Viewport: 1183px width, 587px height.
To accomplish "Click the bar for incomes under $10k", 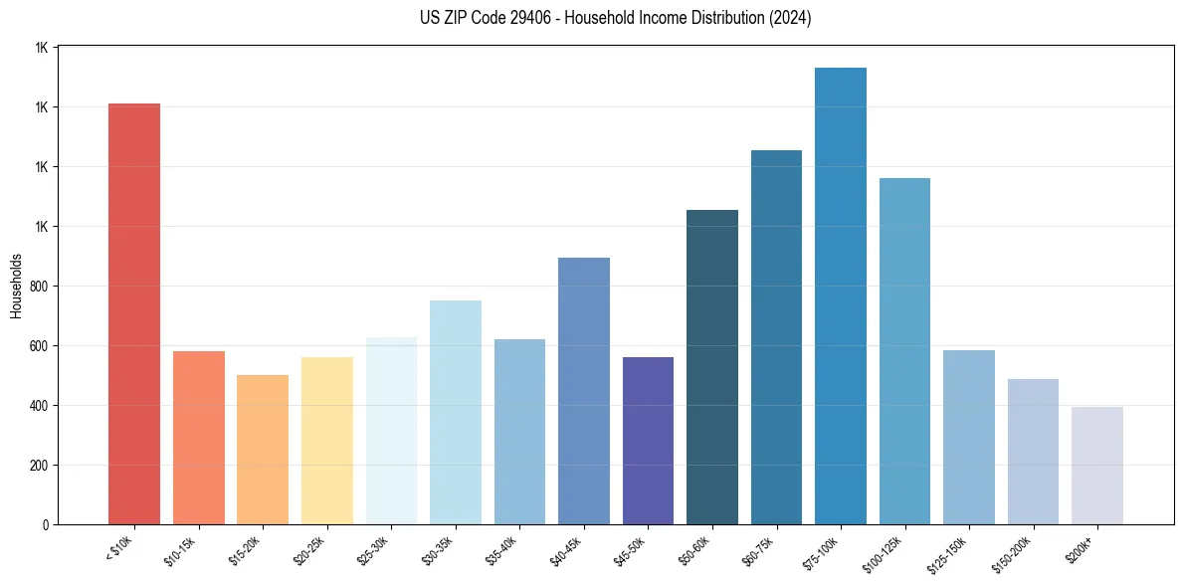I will click(134, 313).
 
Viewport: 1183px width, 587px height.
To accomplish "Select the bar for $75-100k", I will click(841, 295).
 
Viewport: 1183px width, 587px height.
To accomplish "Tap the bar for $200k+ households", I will click(1097, 466).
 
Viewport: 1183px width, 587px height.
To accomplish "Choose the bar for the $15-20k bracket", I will click(263, 450).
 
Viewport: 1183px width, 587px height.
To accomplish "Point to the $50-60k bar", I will click(712, 367).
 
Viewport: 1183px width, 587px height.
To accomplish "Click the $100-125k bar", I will click(904, 351).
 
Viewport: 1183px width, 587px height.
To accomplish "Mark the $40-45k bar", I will click(584, 391).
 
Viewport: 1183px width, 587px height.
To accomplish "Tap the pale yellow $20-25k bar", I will click(327, 441).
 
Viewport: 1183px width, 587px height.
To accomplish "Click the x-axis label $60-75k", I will click(762, 551).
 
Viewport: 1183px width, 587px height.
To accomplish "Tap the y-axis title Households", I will click(16, 286).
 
